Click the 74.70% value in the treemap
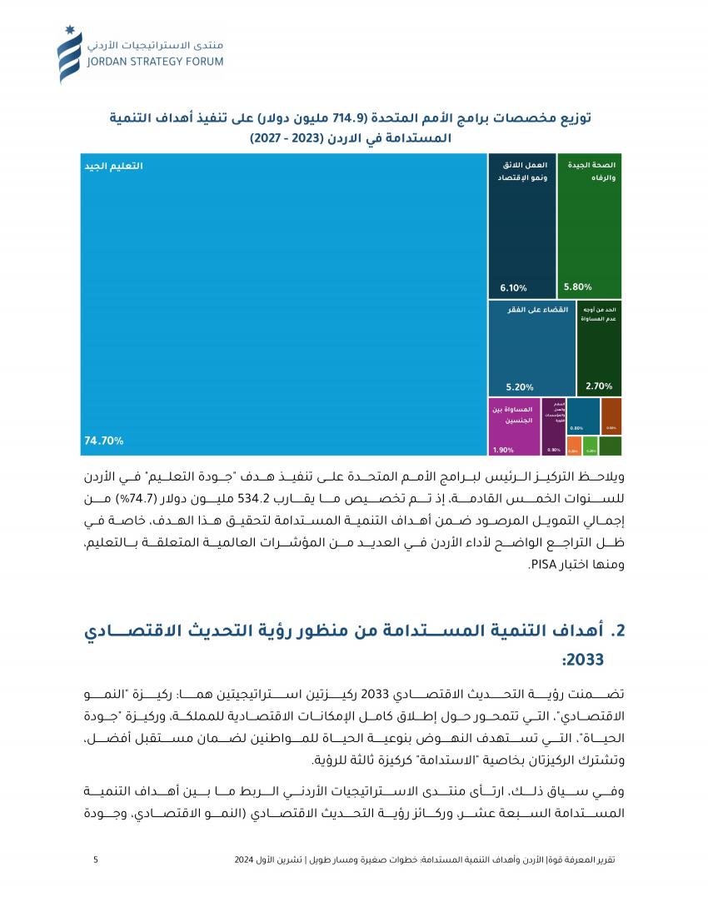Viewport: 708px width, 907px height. (104, 441)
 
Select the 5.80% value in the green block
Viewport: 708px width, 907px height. (577, 287)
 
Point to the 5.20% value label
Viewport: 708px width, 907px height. (520, 386)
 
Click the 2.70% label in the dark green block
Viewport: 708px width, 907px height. (599, 386)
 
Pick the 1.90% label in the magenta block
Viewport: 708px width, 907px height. (503, 450)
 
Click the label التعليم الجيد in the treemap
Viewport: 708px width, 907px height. (113, 167)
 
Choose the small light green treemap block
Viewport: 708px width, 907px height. (590, 446)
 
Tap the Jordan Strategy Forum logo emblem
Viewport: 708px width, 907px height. (70, 54)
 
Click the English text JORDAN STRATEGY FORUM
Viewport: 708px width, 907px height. (155, 61)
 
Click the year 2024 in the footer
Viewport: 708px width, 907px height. (245, 859)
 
